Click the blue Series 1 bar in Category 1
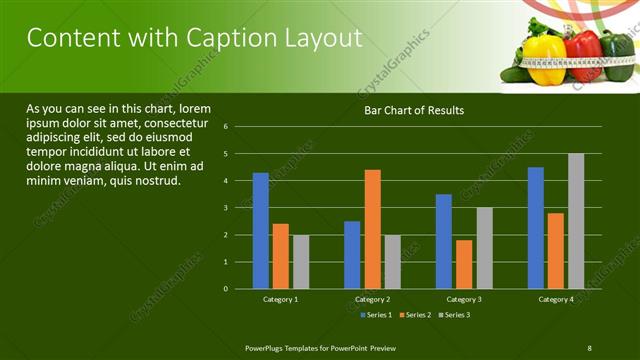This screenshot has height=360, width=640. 261,230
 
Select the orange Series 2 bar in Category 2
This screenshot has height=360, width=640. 372,229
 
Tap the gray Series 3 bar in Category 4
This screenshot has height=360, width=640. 576,221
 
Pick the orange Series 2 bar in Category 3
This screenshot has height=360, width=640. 464,264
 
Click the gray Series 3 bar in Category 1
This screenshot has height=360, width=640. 301,261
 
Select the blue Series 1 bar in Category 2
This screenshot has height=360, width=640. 352,254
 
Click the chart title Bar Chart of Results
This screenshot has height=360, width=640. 413,110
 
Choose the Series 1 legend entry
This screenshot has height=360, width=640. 375,315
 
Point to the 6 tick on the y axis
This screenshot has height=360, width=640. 240,127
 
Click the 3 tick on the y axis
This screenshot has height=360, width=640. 240,208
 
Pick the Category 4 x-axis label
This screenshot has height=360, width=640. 556,299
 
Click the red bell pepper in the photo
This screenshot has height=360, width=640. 583,55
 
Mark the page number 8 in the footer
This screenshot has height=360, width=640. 589,347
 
